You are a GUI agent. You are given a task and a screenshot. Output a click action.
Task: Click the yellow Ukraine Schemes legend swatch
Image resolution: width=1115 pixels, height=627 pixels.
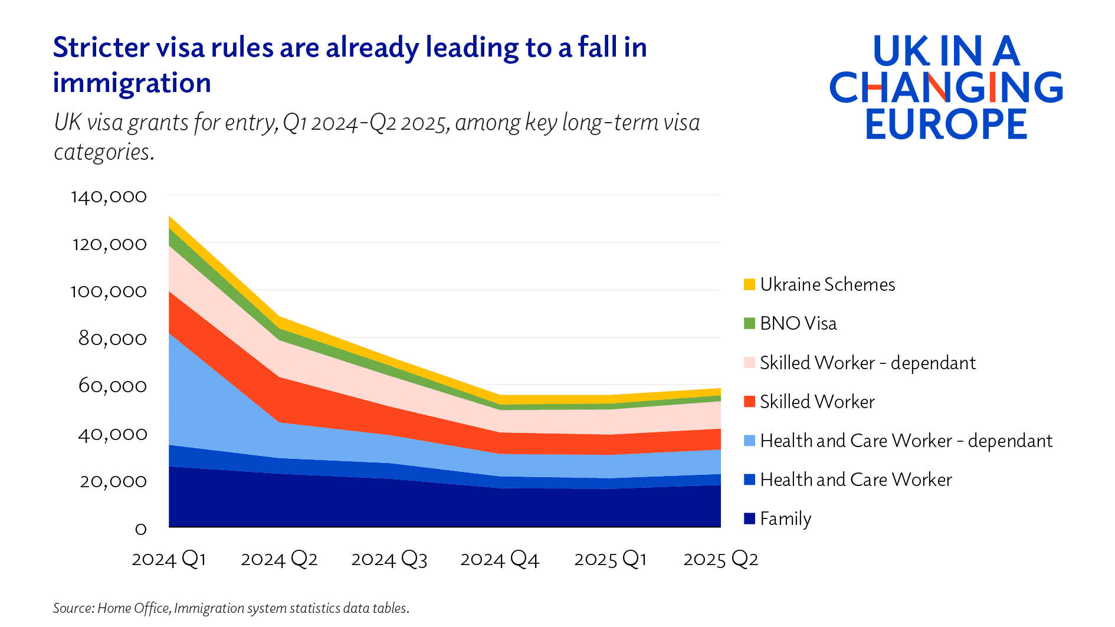click(749, 284)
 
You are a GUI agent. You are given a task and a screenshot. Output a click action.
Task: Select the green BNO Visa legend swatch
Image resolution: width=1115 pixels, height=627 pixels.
click(749, 323)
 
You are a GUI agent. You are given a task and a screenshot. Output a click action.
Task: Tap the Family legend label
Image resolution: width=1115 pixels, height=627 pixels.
click(785, 518)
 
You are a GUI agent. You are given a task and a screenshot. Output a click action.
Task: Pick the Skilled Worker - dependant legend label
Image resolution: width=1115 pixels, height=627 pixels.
click(867, 363)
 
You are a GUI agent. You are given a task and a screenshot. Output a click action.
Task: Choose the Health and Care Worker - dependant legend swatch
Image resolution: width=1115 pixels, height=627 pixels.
click(749, 441)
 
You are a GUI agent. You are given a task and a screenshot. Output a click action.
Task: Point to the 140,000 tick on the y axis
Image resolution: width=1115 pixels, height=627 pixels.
click(109, 196)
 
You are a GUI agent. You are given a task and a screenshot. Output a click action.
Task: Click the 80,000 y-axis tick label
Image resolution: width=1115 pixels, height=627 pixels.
click(112, 339)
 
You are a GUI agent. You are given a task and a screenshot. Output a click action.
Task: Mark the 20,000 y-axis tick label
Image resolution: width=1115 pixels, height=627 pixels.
click(113, 481)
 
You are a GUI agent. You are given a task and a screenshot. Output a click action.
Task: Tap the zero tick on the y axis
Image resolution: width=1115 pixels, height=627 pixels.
click(140, 529)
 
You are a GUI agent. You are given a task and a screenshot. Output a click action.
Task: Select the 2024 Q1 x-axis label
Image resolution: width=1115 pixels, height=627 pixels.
click(169, 559)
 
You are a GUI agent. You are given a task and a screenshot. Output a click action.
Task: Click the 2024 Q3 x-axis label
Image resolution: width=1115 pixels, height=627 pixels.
click(389, 559)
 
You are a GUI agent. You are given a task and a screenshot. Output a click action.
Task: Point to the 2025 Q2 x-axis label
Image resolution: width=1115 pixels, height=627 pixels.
click(720, 559)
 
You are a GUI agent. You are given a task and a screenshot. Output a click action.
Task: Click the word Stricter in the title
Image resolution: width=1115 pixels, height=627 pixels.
click(100, 48)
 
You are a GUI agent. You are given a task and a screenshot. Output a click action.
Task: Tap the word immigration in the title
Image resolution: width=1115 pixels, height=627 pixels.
click(132, 83)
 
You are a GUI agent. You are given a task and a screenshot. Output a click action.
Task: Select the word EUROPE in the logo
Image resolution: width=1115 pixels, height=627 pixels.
click(946, 124)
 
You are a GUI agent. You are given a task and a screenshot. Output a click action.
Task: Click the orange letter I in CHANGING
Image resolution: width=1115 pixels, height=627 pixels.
click(992, 87)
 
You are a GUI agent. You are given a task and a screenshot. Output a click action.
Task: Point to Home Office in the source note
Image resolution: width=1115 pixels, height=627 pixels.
click(133, 608)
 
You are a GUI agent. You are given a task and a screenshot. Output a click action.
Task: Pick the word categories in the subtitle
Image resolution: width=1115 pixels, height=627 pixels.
click(103, 152)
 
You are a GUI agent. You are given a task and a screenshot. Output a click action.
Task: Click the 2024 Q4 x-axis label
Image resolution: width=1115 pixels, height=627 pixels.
click(499, 559)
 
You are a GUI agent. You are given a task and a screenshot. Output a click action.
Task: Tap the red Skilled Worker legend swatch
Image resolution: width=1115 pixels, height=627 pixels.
click(749, 402)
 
